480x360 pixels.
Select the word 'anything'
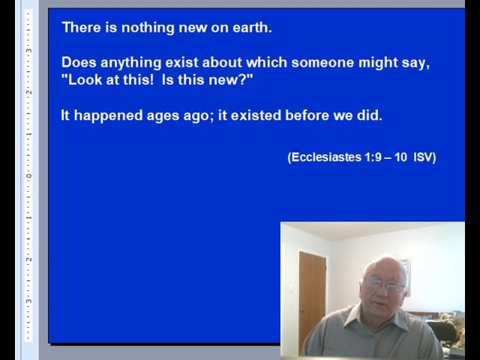click(x=130, y=63)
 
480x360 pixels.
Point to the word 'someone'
click(x=322, y=62)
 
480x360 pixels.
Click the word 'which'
click(x=267, y=62)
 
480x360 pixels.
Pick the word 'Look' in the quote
click(x=85, y=80)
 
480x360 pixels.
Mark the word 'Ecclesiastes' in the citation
click(x=326, y=157)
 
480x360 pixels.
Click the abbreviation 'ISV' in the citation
click(x=423, y=157)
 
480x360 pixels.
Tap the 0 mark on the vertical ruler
click(x=28, y=176)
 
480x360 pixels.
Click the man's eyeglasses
click(x=385, y=285)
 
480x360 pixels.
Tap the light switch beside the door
click(x=291, y=286)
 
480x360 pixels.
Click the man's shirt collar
click(x=376, y=318)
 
